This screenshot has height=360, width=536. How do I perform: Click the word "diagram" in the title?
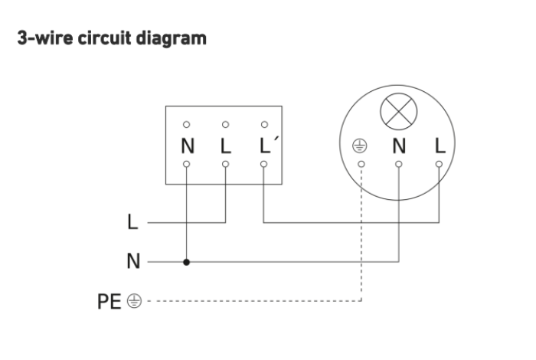pyautogui.click(x=172, y=38)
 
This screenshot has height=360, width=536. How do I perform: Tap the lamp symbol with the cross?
pyautogui.click(x=399, y=112)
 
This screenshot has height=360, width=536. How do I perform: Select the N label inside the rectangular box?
pyautogui.click(x=188, y=146)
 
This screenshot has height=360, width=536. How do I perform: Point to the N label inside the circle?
pyautogui.click(x=399, y=146)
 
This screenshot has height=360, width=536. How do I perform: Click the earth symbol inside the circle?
pyautogui.click(x=360, y=146)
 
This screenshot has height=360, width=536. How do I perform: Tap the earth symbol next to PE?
pyautogui.click(x=134, y=301)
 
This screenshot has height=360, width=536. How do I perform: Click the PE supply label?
pyautogui.click(x=109, y=302)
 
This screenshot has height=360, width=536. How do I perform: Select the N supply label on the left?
pyautogui.click(x=133, y=261)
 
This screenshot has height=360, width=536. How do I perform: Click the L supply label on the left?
pyautogui.click(x=132, y=221)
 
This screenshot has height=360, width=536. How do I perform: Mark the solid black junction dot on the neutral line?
pyautogui.click(x=186, y=262)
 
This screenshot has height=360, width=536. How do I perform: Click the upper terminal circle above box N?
pyautogui.click(x=186, y=124)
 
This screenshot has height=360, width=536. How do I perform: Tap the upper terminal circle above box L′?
pyautogui.click(x=264, y=124)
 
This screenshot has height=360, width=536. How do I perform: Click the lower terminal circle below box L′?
pyautogui.click(x=263, y=164)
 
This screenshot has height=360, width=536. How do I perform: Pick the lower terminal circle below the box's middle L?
pyautogui.click(x=225, y=164)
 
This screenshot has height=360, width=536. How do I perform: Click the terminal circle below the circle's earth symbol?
pyautogui.click(x=361, y=164)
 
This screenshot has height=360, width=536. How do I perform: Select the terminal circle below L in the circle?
pyautogui.click(x=439, y=164)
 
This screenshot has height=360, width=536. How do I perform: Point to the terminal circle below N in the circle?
pyautogui.click(x=399, y=164)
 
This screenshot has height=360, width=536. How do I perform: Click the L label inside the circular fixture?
pyautogui.click(x=440, y=146)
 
